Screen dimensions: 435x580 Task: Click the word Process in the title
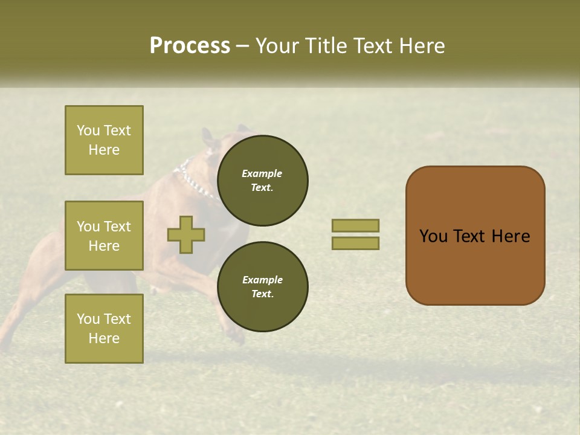coord(190,46)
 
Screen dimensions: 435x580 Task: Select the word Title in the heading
coord(327,46)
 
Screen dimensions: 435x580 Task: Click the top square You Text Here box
coord(104,140)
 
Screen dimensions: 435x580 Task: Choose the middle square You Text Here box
coord(104,236)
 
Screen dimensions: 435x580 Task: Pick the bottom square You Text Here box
coord(104,329)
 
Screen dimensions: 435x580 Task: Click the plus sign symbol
coord(186,235)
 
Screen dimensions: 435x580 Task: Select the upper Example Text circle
coord(263,180)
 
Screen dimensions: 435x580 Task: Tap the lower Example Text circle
coord(263,286)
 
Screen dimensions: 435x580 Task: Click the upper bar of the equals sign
coord(355,225)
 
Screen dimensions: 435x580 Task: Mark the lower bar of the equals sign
coord(355,243)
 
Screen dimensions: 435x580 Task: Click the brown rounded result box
coord(475,235)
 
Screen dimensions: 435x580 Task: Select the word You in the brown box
coord(433,236)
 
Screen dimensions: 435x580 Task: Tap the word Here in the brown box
coord(511,236)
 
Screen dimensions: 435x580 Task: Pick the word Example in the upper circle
coord(262,173)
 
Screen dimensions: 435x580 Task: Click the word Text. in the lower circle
coord(262,294)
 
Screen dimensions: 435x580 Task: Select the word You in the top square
coord(88,130)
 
